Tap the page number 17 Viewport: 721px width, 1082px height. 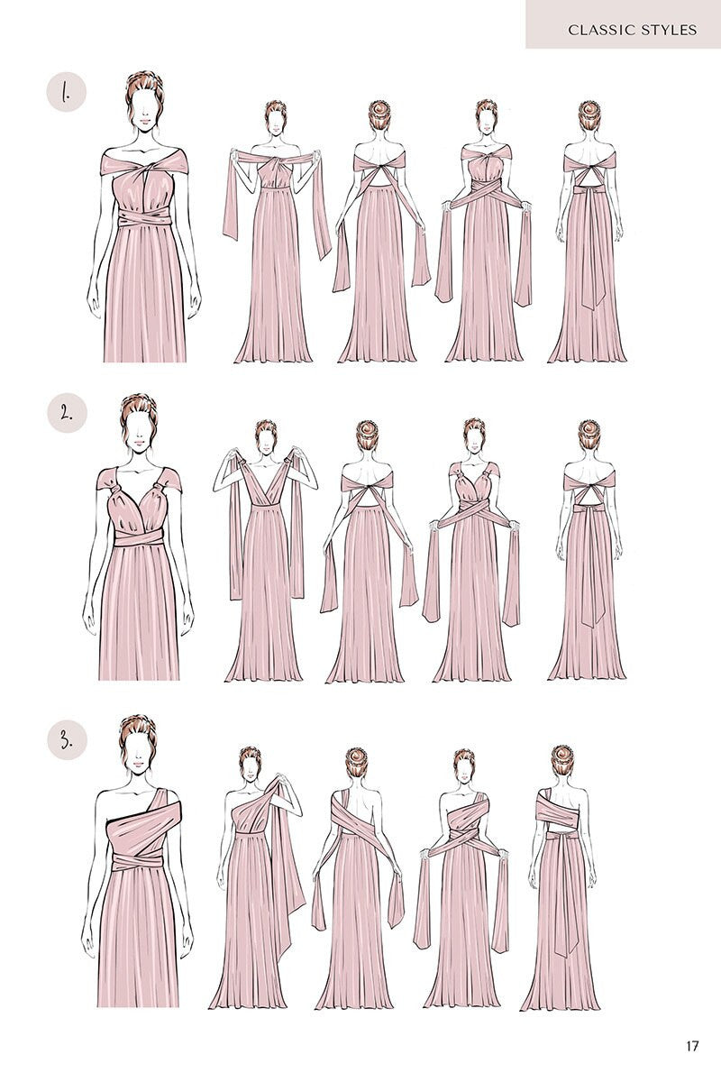pos(692,1047)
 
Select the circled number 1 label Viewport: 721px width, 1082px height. pos(67,92)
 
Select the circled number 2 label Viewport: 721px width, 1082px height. pos(67,414)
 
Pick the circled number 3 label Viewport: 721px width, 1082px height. pos(67,740)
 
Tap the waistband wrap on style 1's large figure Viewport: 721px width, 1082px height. pos(145,219)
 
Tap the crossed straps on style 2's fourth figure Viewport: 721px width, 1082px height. pos(473,514)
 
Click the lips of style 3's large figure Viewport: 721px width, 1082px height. pos(137,765)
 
